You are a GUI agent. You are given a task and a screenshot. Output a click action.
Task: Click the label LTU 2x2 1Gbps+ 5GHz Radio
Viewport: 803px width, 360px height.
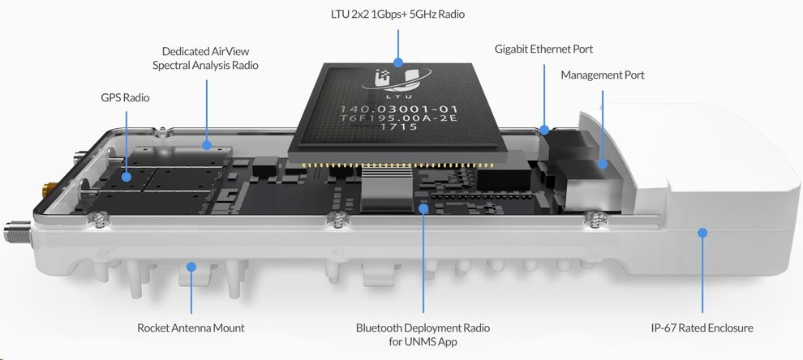coord(397,14)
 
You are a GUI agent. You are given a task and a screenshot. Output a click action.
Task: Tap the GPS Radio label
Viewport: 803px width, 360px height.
coord(125,97)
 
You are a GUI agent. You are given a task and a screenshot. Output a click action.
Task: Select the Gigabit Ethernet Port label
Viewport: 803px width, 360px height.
coord(543,49)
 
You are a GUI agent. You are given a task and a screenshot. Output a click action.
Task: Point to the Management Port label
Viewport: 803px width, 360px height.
coord(602,75)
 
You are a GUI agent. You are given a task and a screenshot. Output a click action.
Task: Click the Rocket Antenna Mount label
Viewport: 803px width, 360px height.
coord(191,328)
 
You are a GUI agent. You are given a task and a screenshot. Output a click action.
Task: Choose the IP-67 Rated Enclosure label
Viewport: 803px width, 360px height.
coord(702,328)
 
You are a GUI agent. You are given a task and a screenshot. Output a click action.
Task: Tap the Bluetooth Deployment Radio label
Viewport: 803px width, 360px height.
coord(423,334)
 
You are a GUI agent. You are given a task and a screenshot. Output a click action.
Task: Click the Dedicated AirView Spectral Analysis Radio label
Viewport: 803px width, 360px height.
coord(205,58)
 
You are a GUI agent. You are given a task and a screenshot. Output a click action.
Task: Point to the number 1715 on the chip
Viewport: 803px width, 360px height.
coord(389,126)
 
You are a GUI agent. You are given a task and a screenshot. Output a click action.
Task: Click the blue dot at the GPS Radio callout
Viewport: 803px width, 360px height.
coord(126,176)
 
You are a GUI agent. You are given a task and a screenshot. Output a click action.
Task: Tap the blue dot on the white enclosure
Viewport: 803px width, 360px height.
coord(702,233)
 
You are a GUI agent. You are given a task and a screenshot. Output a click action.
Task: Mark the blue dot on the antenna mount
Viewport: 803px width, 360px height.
coord(191,266)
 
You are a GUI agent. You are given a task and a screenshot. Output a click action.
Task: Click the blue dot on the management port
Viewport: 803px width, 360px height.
coord(603,164)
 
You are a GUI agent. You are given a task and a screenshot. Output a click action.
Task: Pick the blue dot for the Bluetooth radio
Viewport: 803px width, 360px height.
coord(423,208)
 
